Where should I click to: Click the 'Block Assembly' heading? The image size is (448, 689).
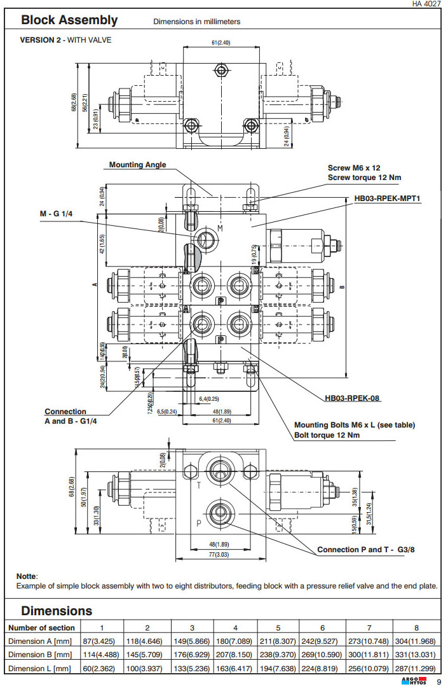(x=69, y=20)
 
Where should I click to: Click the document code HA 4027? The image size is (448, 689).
(x=426, y=4)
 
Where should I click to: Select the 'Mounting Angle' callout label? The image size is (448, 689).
(x=137, y=165)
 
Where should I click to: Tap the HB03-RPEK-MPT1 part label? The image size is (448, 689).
(x=388, y=198)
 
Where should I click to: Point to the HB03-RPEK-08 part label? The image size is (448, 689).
(x=353, y=399)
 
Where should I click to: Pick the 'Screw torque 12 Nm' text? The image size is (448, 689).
(x=364, y=177)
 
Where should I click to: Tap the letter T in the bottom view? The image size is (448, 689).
(x=199, y=485)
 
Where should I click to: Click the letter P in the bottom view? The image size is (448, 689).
(x=198, y=523)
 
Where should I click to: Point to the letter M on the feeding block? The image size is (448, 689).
(x=221, y=228)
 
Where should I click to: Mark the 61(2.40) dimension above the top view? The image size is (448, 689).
(x=221, y=42)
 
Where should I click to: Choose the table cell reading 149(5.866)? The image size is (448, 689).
(x=193, y=642)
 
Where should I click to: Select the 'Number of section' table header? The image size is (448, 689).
(x=41, y=628)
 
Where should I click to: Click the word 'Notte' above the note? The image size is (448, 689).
(x=27, y=576)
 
